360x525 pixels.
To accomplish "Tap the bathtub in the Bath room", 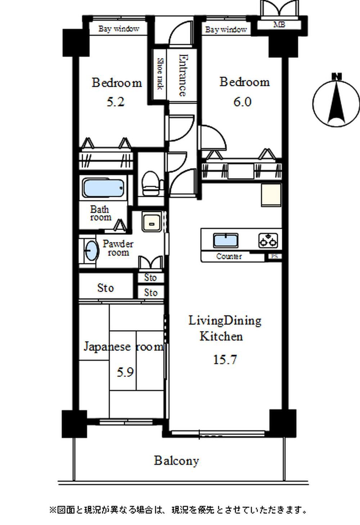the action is (x=103, y=188).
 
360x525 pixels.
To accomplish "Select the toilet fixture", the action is (x=151, y=183).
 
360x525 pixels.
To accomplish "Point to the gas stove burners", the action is (x=268, y=240).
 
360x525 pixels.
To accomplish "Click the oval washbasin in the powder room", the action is (x=91, y=250).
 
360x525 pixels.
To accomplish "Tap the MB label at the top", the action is (x=279, y=24).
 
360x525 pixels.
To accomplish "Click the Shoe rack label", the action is (x=160, y=74).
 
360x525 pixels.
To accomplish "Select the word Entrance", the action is (x=183, y=75).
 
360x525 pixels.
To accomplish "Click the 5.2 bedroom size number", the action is (x=116, y=102).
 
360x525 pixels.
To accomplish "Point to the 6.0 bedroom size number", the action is (x=242, y=102).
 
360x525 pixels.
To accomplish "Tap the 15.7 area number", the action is (x=225, y=359).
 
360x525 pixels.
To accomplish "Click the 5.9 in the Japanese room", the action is (x=125, y=372).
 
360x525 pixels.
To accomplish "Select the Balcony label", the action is (x=176, y=461).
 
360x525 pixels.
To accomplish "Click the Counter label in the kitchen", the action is (x=229, y=256).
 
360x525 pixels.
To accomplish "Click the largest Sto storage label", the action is (x=105, y=288).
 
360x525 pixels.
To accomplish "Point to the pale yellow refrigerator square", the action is (x=271, y=195).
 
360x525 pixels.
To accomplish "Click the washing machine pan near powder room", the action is (x=152, y=221).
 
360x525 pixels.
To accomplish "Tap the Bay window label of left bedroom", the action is (x=119, y=29).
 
